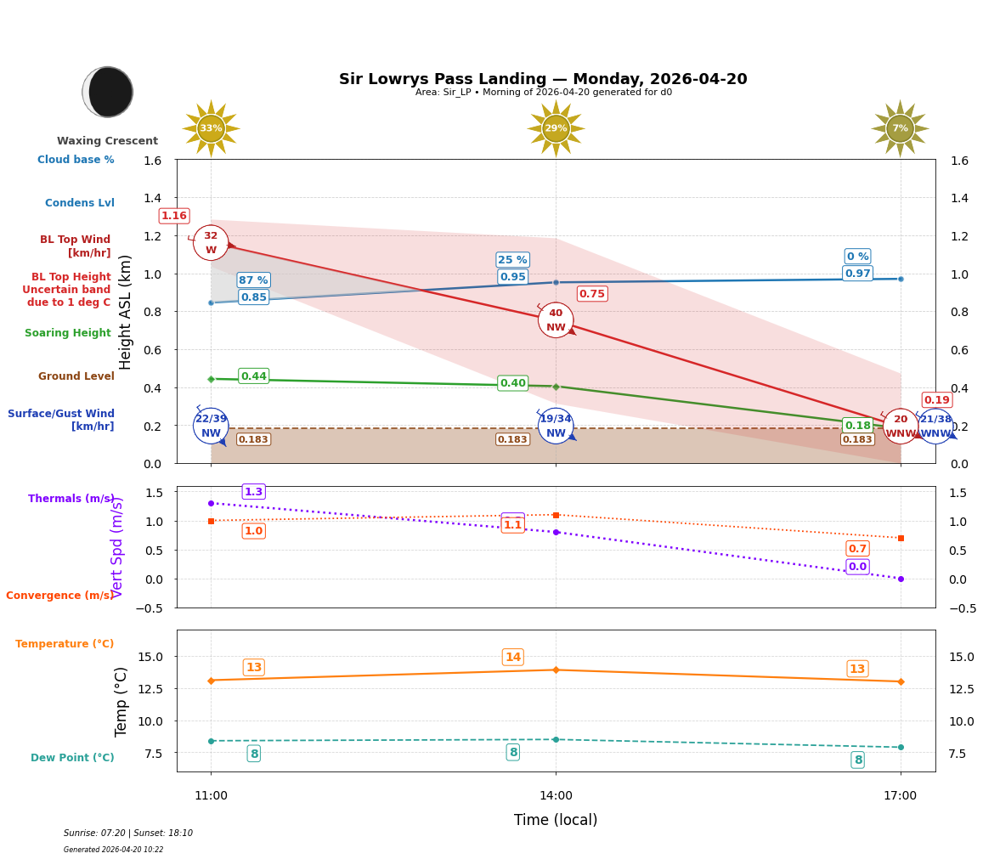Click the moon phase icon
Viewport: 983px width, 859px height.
point(108,92)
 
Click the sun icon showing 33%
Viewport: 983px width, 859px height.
point(211,128)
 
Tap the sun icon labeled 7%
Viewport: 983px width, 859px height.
point(900,128)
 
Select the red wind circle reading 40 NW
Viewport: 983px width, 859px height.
point(556,320)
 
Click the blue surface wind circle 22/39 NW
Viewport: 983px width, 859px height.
point(211,426)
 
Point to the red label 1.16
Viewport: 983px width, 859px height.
point(174,216)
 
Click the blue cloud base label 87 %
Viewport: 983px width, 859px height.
point(253,280)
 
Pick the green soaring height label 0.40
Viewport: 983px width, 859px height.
point(512,383)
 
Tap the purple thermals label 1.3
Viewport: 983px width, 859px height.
point(253,492)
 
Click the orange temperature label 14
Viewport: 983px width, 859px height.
point(513,657)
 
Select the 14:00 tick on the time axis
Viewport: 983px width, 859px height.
point(556,796)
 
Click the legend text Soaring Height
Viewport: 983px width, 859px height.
point(68,333)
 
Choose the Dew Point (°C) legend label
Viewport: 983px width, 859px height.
point(72,758)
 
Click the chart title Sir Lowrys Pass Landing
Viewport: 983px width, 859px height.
point(543,79)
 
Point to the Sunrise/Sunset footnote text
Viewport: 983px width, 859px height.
point(128,834)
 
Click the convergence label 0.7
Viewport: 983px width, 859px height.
point(857,549)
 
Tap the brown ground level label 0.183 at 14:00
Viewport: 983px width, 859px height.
point(512,439)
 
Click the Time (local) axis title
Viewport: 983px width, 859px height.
point(556,820)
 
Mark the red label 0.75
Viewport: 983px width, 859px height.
point(592,294)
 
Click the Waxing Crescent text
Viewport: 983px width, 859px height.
point(107,141)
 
